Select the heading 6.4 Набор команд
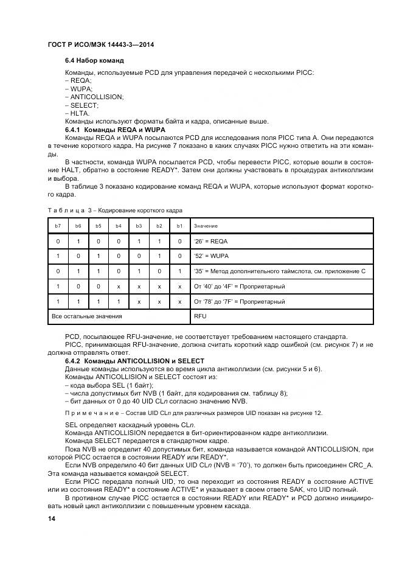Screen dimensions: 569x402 94,61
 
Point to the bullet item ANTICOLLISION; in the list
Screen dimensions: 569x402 94,97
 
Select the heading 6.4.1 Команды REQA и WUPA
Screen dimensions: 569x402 114,130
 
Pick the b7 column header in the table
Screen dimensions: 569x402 58,226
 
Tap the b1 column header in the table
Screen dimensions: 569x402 179,226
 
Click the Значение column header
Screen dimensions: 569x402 206,226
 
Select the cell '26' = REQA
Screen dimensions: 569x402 211,242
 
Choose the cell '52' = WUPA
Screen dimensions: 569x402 212,256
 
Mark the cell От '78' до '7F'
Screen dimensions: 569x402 239,301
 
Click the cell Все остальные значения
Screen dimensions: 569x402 87,316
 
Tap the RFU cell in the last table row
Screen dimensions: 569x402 200,316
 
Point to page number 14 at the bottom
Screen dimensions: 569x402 51,518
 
